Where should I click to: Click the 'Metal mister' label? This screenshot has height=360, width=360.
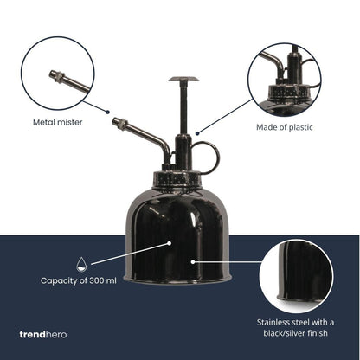pyautogui.click(x=58, y=122)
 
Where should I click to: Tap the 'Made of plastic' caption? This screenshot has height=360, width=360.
pyautogui.click(x=285, y=127)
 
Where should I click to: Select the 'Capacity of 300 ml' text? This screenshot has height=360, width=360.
pyautogui.click(x=79, y=280)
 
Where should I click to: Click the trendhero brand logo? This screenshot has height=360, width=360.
pyautogui.click(x=43, y=335)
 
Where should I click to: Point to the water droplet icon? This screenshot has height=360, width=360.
pyautogui.click(x=81, y=264)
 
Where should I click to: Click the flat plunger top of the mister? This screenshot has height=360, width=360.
pyautogui.click(x=183, y=79)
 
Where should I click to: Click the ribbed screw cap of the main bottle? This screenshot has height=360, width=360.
pyautogui.click(x=177, y=179)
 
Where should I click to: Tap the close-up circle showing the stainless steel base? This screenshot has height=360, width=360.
pyautogui.click(x=297, y=276)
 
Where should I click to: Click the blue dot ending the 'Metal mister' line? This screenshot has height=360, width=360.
pyautogui.click(x=108, y=112)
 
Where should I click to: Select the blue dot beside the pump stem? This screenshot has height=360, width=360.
pyautogui.click(x=197, y=133)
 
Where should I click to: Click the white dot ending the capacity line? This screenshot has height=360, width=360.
pyautogui.click(x=170, y=243)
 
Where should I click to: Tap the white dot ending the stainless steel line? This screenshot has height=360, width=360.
pyautogui.click(x=193, y=262)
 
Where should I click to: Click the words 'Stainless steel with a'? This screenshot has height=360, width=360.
pyautogui.click(x=295, y=322)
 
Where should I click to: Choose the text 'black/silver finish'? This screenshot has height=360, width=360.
pyautogui.click(x=295, y=333)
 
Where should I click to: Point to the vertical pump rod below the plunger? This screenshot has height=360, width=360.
pyautogui.click(x=183, y=109)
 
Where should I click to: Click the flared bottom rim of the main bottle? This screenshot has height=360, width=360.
pyautogui.click(x=177, y=280)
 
